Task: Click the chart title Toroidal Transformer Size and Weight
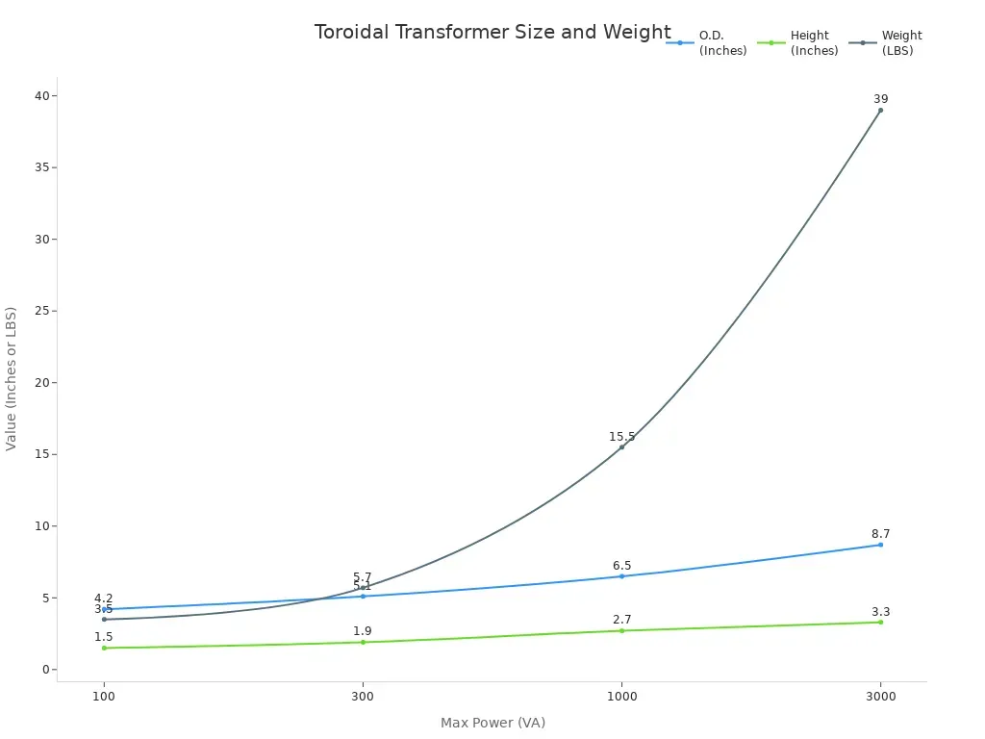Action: pyautogui.click(x=492, y=32)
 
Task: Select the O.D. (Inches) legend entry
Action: pyautogui.click(x=707, y=42)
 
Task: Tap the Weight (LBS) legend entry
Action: pyautogui.click(x=886, y=42)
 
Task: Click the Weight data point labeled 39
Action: pyautogui.click(x=880, y=110)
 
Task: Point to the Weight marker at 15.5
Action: pyautogui.click(x=621, y=446)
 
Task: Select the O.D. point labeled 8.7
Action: pyautogui.click(x=880, y=545)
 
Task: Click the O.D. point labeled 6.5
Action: pyautogui.click(x=621, y=576)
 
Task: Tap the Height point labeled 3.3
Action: pyautogui.click(x=880, y=622)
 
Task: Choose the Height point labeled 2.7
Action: pyautogui.click(x=621, y=630)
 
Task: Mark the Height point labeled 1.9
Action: pyautogui.click(x=363, y=642)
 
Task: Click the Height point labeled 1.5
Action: pyautogui.click(x=104, y=648)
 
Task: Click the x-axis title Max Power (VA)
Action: pyautogui.click(x=492, y=723)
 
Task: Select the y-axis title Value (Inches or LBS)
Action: pyautogui.click(x=12, y=378)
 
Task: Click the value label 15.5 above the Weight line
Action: pyautogui.click(x=621, y=437)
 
